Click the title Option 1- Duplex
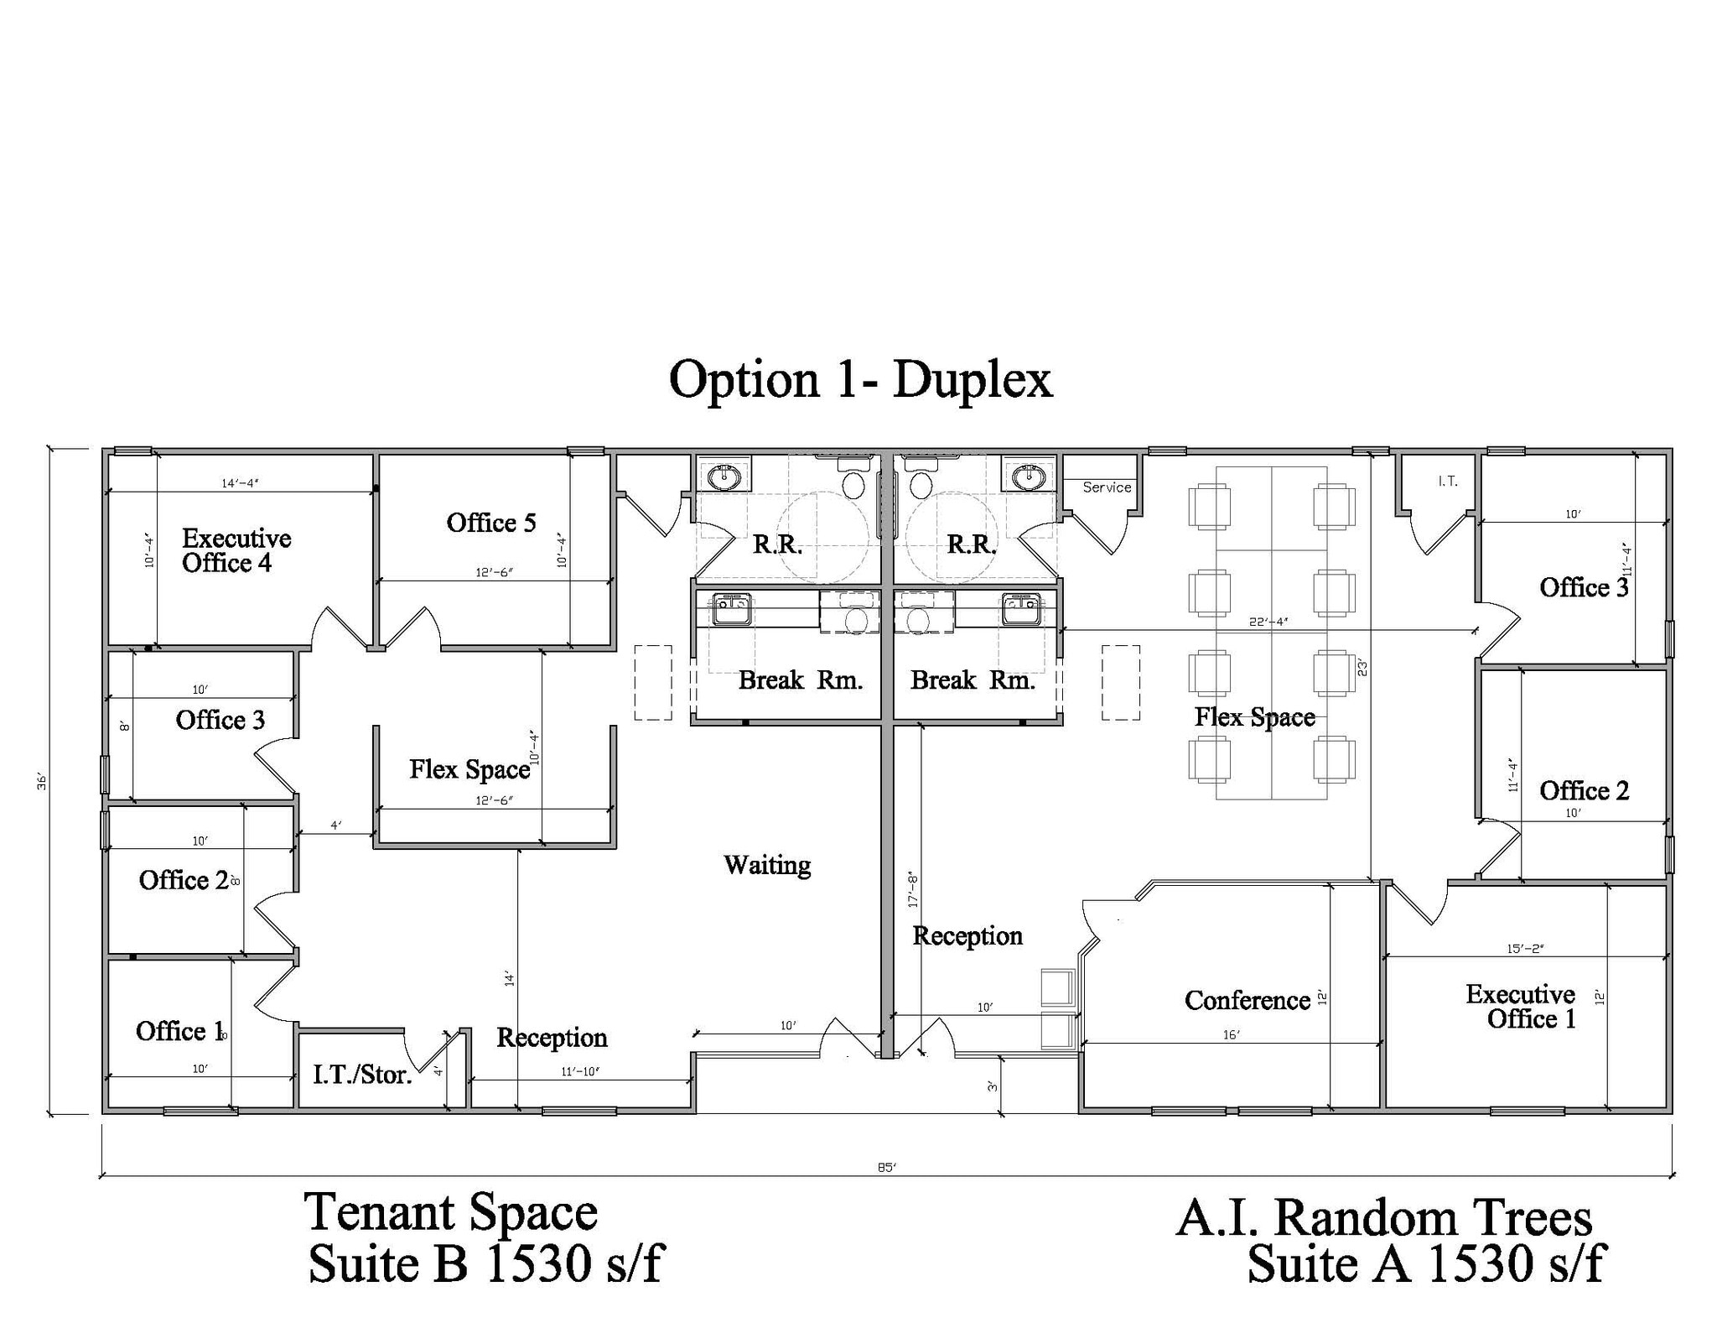[x=860, y=379]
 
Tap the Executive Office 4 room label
[x=236, y=550]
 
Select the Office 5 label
[x=490, y=523]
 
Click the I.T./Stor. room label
[x=362, y=1075]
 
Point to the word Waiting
[x=766, y=865]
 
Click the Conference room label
[x=1247, y=1000]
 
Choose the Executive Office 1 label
[x=1520, y=1006]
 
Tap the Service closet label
[x=1107, y=487]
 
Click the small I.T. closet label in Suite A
[x=1447, y=482]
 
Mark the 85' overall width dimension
[x=887, y=1167]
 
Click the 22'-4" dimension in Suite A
[x=1268, y=622]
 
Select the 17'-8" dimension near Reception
[x=914, y=889]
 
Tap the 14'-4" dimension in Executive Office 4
[x=240, y=483]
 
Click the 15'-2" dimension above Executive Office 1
[x=1525, y=949]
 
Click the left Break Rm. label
[x=800, y=680]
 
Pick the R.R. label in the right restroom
[x=971, y=544]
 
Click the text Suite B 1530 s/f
[x=485, y=1263]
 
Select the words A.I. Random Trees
[x=1383, y=1218]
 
